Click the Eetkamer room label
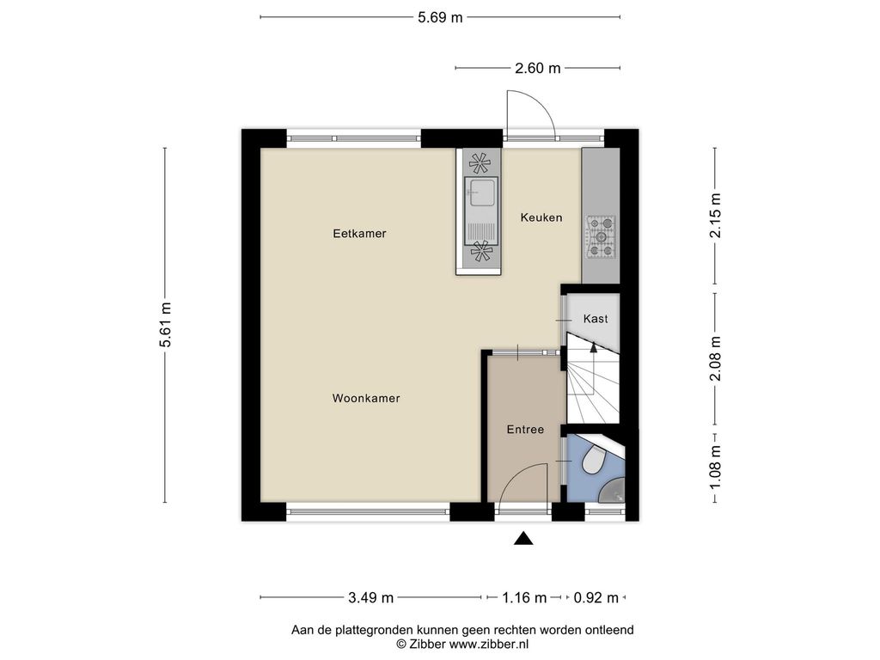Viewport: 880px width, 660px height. click(x=359, y=234)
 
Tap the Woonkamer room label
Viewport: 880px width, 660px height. click(x=366, y=399)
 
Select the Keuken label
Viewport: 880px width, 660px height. click(x=541, y=217)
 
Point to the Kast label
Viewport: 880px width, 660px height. click(x=596, y=319)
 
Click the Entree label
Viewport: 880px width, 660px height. click(x=525, y=430)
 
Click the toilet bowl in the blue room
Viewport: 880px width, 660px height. click(x=593, y=461)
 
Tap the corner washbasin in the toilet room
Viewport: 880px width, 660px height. click(x=613, y=491)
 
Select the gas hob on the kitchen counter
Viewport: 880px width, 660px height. click(x=601, y=237)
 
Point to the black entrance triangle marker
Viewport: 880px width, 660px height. click(x=523, y=539)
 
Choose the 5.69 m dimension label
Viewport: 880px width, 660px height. click(x=440, y=17)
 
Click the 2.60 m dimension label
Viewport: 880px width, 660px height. click(x=538, y=68)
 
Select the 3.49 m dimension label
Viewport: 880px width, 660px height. click(x=370, y=598)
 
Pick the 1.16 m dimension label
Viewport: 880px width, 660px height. click(x=524, y=598)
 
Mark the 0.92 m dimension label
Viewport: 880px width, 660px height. click(x=596, y=598)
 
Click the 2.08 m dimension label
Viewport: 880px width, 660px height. click(x=715, y=358)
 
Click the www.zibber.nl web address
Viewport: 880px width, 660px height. click(x=489, y=645)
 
